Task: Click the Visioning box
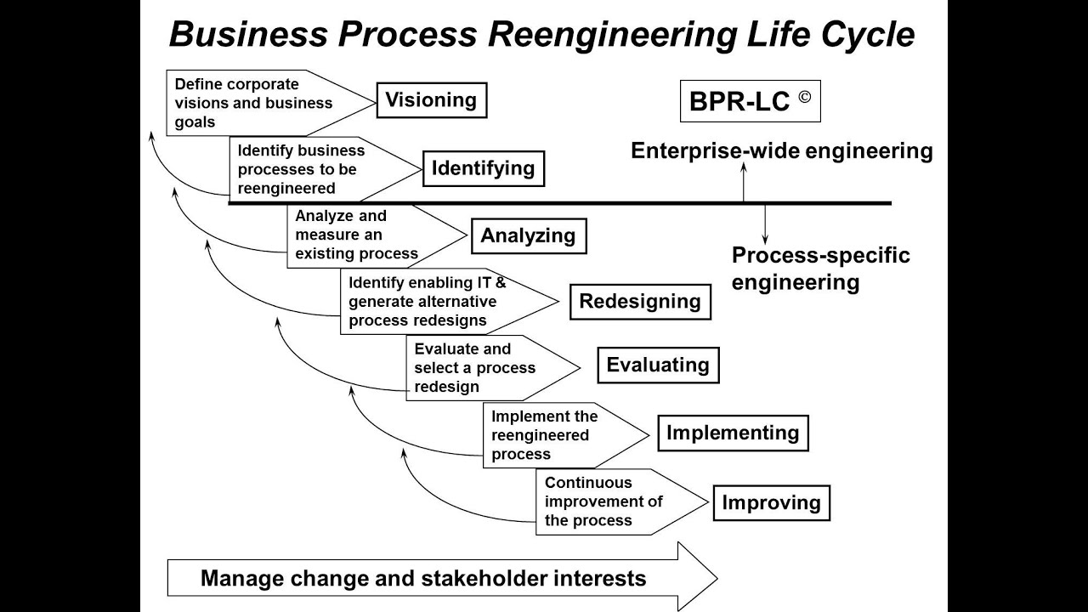(x=432, y=100)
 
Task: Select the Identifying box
(x=483, y=168)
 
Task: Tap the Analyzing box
(x=528, y=236)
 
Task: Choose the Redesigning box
(x=639, y=302)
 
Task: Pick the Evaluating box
(x=657, y=365)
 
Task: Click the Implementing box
(x=732, y=433)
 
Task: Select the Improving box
(x=771, y=503)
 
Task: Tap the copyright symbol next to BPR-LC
(x=804, y=96)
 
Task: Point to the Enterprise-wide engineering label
(x=781, y=151)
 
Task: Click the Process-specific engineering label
(x=820, y=269)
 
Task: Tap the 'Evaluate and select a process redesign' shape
(x=480, y=368)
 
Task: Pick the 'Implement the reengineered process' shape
(x=552, y=435)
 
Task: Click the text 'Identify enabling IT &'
(x=428, y=283)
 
